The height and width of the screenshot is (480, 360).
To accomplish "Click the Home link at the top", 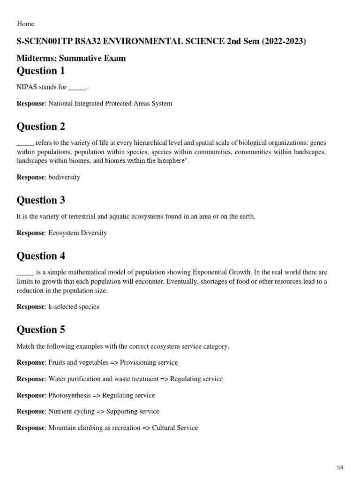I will (25, 24).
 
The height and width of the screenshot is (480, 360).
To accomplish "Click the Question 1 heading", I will (41, 71).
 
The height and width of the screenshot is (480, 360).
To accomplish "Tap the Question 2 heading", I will (41, 127).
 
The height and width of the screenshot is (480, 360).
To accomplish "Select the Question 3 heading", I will (41, 200).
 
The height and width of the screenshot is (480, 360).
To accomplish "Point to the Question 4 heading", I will (41, 256).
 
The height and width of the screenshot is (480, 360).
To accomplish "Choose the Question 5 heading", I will (41, 330).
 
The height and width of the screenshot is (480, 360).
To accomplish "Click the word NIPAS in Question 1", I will (27, 87).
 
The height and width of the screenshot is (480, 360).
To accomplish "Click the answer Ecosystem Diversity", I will (78, 233).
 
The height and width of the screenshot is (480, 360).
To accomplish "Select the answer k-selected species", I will (74, 307).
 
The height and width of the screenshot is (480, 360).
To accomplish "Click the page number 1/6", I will (340, 468).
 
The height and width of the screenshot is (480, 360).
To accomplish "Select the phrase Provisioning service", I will (149, 362).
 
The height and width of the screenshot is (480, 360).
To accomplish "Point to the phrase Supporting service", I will (133, 411).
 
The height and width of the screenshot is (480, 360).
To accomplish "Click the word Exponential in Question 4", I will (201, 272).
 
